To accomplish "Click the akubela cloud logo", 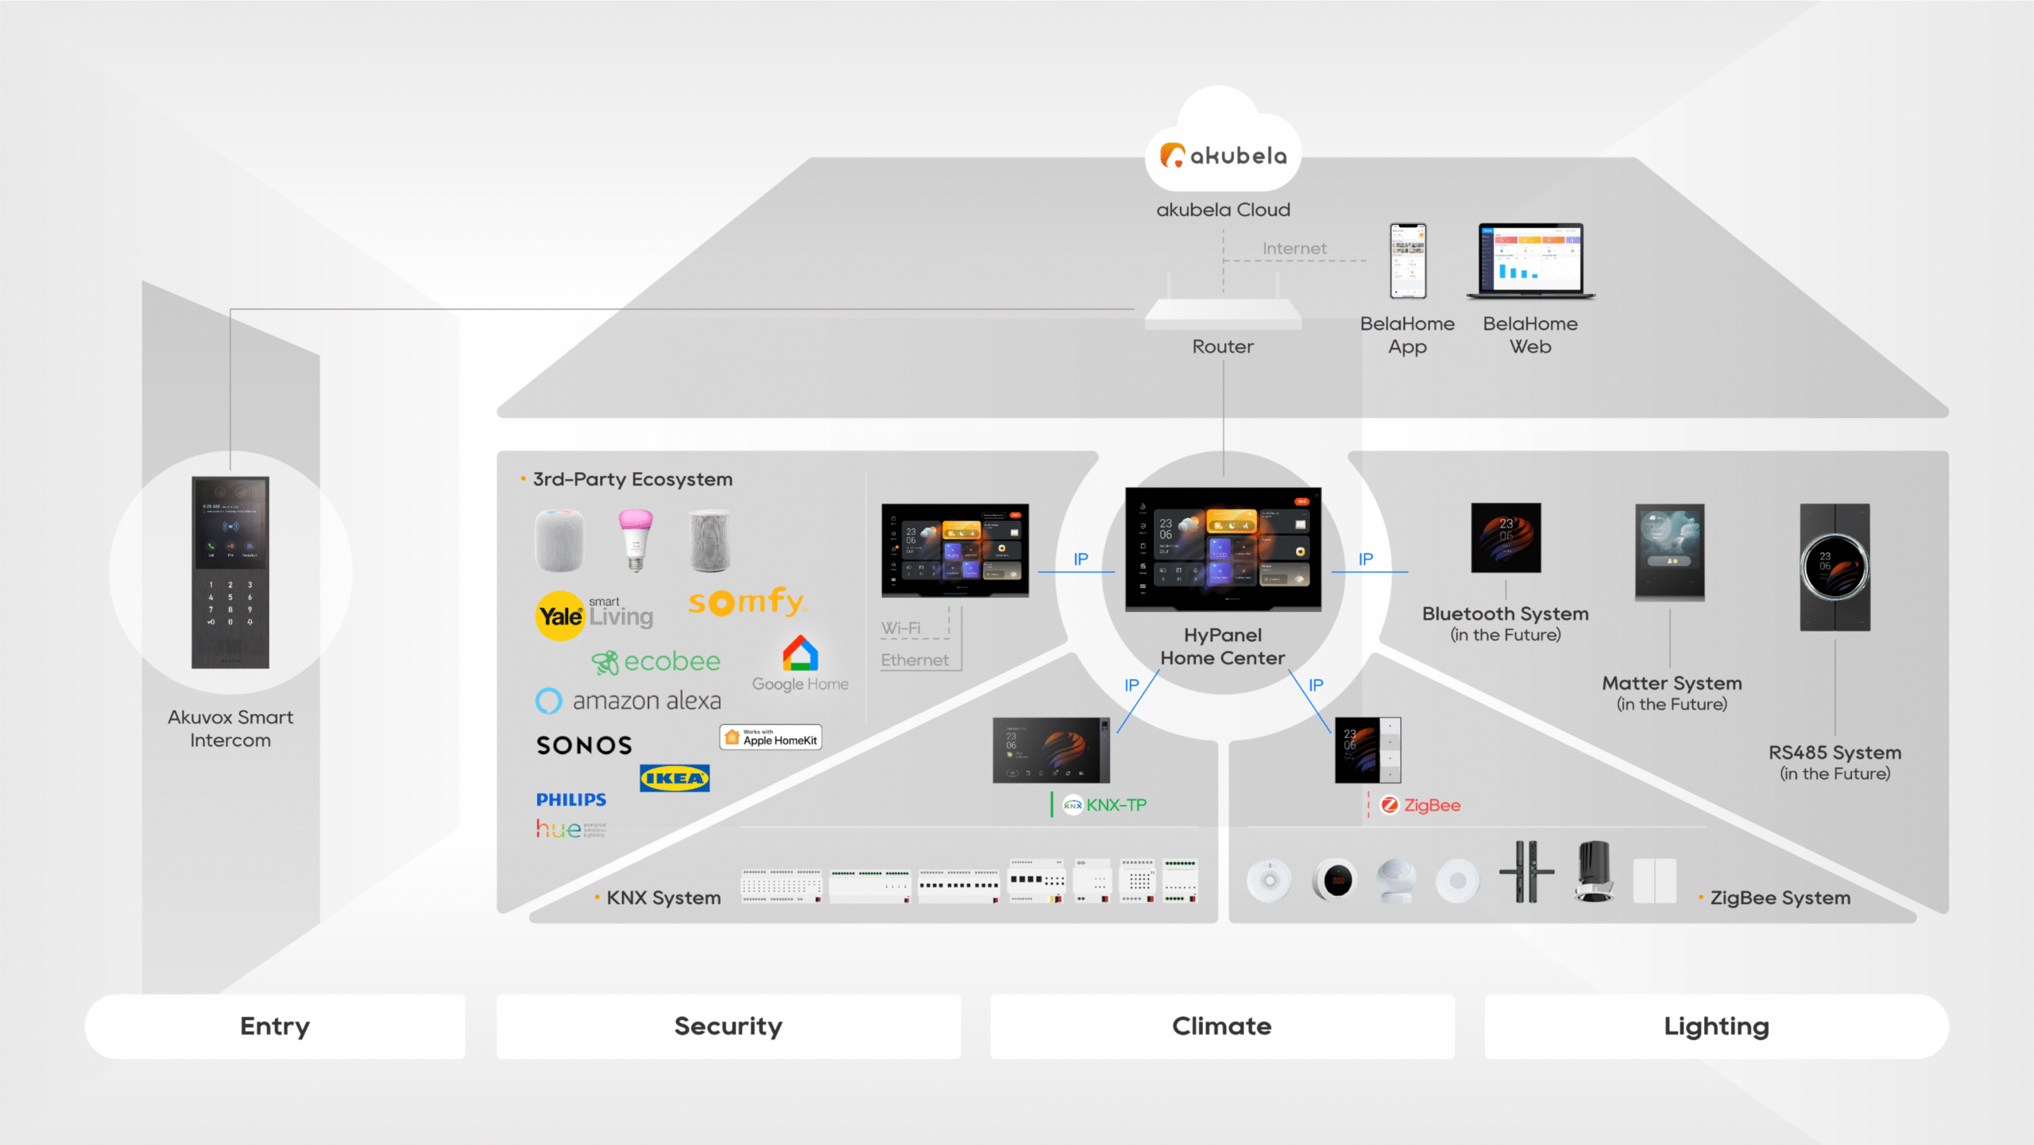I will click(x=1223, y=155).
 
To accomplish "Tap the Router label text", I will click(x=1223, y=346).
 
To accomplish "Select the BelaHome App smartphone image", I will click(x=1407, y=261).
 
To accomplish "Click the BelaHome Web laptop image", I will click(x=1530, y=261).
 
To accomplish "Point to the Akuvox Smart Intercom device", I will click(x=230, y=572).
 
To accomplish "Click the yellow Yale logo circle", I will click(x=559, y=616).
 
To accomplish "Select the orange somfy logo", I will click(x=747, y=602).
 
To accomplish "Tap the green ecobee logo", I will click(x=656, y=661).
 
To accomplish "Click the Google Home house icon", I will click(x=800, y=653).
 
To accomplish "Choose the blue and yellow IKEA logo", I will click(x=675, y=778).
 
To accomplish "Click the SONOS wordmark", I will click(x=584, y=745).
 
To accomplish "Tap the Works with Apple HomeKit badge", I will click(x=771, y=737).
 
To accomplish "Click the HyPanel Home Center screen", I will click(x=1223, y=549).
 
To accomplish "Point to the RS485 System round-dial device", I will click(x=1835, y=567).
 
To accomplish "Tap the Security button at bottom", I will click(x=728, y=1026).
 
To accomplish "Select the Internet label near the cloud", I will click(x=1294, y=249).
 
